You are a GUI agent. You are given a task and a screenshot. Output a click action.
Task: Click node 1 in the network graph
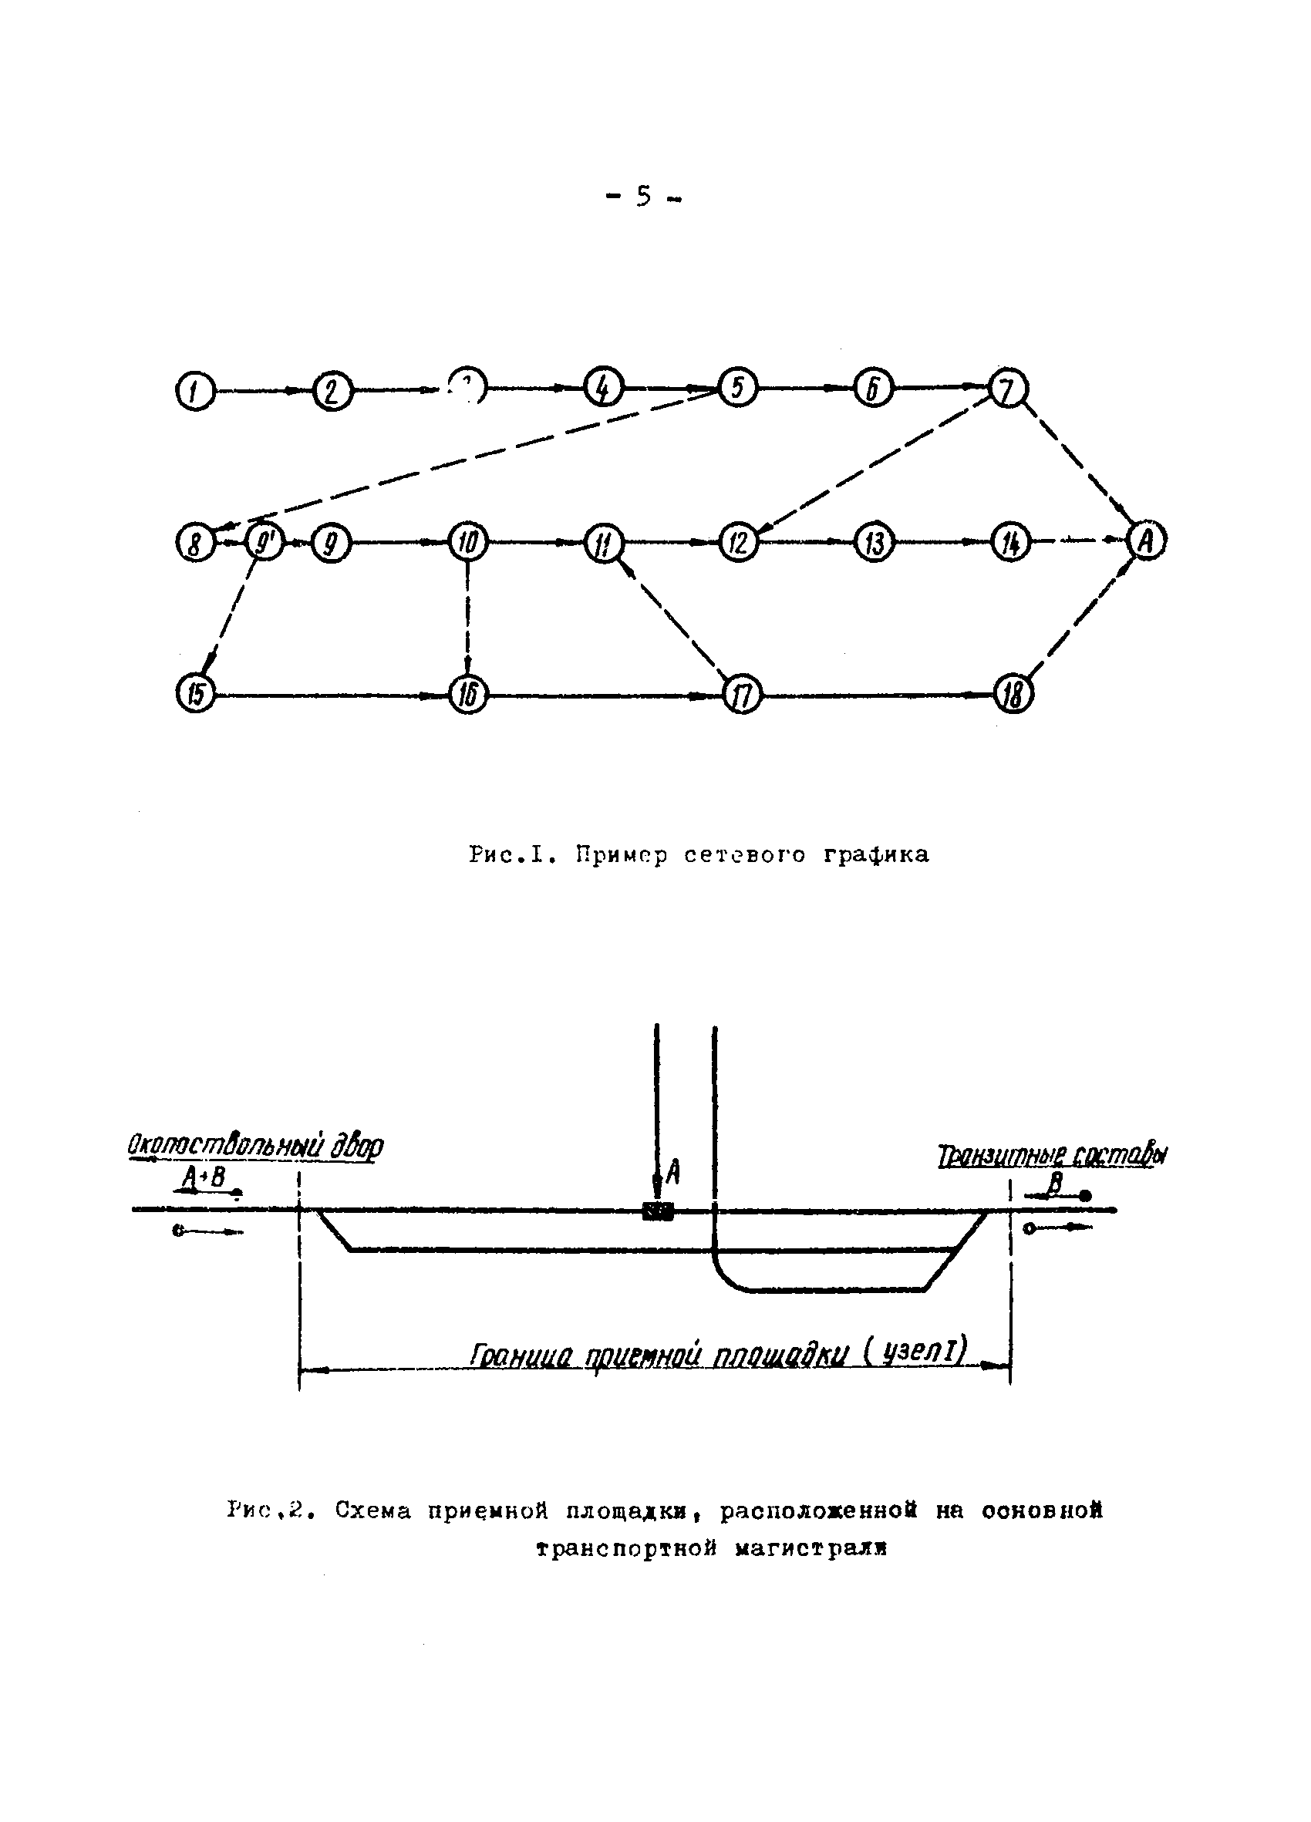(195, 392)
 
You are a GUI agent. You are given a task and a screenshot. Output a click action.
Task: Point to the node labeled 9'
(264, 542)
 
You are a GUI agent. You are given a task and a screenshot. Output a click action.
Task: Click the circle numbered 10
(467, 542)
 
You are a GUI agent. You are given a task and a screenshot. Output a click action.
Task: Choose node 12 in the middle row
(738, 542)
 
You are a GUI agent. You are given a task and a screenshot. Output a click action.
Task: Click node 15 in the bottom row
(195, 693)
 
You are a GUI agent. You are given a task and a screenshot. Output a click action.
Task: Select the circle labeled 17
(741, 695)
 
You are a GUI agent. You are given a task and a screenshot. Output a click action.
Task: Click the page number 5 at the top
(643, 196)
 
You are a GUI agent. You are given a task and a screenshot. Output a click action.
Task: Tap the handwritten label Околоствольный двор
(255, 1146)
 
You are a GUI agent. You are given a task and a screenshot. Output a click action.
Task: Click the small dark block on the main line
(657, 1211)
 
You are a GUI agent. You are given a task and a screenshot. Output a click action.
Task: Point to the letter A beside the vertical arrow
(673, 1174)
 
